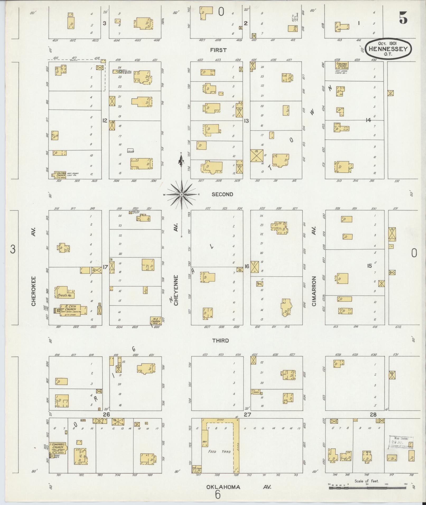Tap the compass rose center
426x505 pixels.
[x=181, y=195]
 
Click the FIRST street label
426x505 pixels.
[x=218, y=50]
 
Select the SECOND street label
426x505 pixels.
[x=222, y=194]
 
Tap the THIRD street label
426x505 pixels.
[x=221, y=341]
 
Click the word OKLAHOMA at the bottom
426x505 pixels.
[x=223, y=487]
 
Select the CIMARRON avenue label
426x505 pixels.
[x=314, y=291]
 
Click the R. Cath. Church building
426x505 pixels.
[x=73, y=310]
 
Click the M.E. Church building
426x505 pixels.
[x=156, y=320]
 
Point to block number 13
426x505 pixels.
[x=246, y=121]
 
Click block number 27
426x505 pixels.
[x=247, y=415]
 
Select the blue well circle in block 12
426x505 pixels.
[x=120, y=71]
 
